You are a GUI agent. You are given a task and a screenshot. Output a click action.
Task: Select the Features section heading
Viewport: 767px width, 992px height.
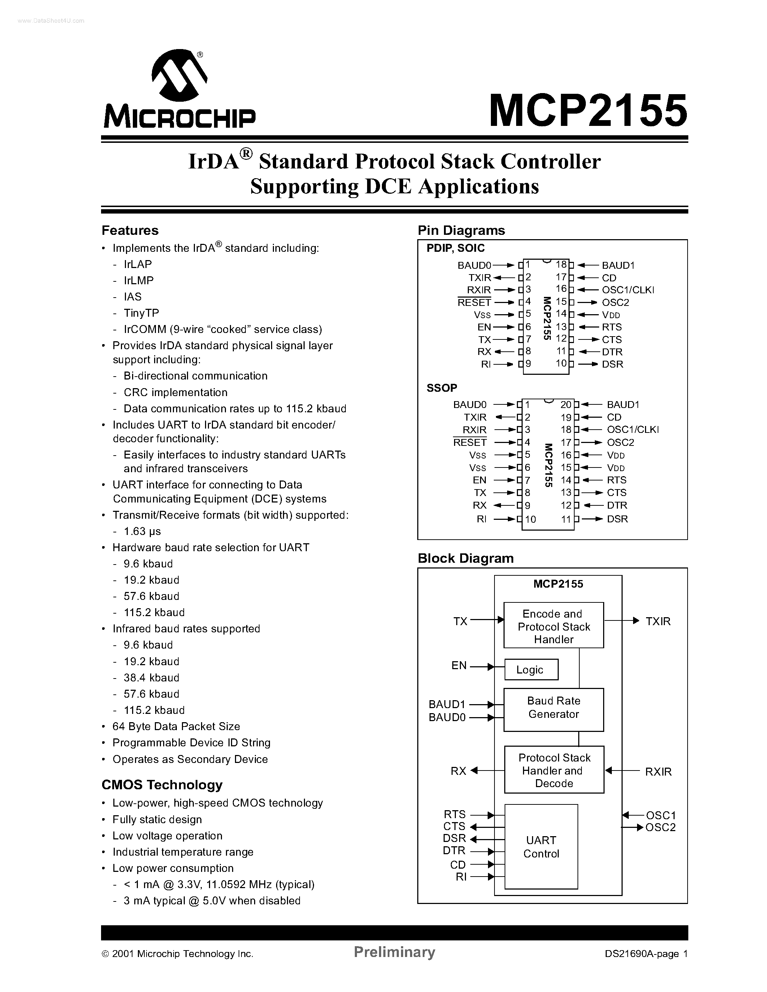coord(130,230)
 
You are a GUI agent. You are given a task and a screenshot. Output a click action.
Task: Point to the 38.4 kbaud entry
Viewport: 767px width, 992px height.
coord(151,678)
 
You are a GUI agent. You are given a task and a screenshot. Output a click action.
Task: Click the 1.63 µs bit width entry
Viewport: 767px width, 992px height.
coord(142,531)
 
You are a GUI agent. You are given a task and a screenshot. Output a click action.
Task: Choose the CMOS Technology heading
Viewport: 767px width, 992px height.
coord(162,785)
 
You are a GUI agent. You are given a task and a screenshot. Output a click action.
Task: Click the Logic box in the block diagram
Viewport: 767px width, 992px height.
coord(531,670)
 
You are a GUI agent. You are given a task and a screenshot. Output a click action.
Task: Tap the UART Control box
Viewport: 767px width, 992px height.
coord(541,847)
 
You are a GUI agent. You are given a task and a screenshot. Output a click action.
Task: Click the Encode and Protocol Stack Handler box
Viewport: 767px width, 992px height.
coord(553,626)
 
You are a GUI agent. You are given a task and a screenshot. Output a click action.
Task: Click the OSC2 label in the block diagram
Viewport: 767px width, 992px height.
coord(661,827)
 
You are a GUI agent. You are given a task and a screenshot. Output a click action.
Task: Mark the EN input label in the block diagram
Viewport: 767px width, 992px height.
coord(459,666)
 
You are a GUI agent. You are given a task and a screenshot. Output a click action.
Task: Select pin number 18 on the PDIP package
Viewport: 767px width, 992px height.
coord(561,265)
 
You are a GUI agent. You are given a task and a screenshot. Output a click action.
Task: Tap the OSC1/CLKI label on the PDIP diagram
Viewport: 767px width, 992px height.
coord(628,290)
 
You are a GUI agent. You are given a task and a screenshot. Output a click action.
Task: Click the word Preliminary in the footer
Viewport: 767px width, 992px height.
coord(395,952)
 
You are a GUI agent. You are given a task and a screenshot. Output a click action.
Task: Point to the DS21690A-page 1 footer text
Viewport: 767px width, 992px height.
coord(646,954)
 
